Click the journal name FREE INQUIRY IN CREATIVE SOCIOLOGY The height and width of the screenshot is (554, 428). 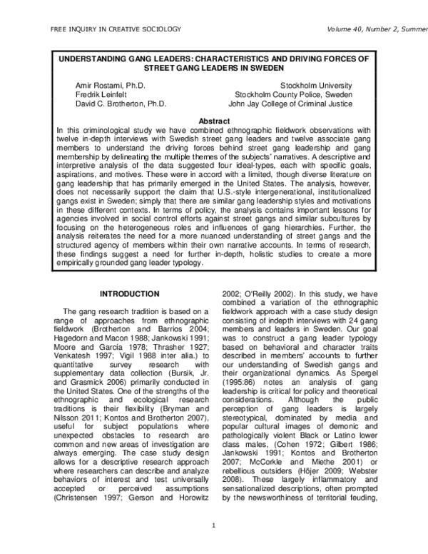click(115, 29)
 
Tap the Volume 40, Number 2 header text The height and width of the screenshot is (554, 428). click(377, 29)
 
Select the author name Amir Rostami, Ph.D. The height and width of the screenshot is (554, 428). click(111, 85)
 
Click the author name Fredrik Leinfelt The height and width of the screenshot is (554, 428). click(102, 94)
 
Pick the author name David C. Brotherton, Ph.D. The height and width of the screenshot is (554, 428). click(121, 104)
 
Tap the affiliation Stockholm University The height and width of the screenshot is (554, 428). click(316, 85)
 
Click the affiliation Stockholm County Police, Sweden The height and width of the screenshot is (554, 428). click(293, 94)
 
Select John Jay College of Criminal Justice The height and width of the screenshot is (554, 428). click(290, 104)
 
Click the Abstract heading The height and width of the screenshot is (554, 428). click(213, 121)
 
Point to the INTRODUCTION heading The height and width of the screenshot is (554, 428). click(129, 294)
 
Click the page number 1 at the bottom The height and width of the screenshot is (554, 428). click(213, 526)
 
